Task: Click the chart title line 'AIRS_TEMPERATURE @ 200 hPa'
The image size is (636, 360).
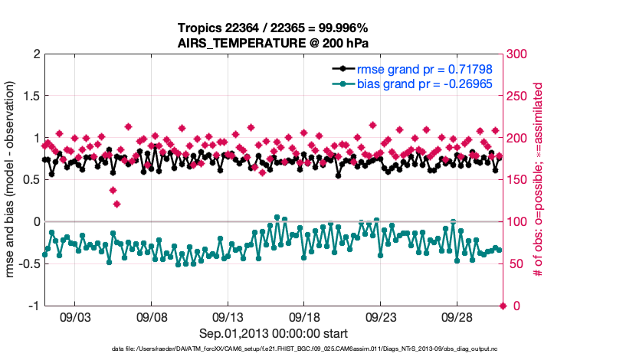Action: (273, 42)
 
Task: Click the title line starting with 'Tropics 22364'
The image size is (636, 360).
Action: (273, 28)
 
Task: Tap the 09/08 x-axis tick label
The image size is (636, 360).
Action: (152, 316)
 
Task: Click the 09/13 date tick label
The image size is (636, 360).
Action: (228, 316)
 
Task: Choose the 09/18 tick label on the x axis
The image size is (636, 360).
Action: (304, 316)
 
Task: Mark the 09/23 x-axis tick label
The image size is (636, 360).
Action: (381, 316)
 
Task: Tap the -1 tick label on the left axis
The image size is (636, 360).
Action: (32, 306)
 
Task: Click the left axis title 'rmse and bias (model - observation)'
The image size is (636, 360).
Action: (11, 180)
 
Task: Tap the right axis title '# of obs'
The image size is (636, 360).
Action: (539, 180)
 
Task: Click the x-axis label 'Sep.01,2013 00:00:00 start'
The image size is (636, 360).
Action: (274, 333)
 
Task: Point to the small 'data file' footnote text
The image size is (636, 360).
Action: (273, 349)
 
